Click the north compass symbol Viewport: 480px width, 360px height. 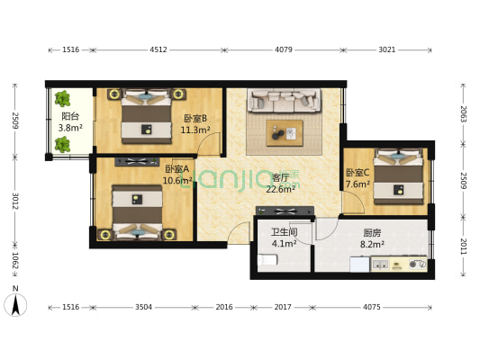tap(15, 303)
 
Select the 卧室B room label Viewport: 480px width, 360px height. tap(195, 118)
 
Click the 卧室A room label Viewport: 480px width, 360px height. tap(177, 168)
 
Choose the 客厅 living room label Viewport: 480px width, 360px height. tap(282, 177)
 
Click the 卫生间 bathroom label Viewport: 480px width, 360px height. tap(284, 231)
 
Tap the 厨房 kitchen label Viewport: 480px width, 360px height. tap(372, 231)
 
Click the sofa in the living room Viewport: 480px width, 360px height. tap(284, 101)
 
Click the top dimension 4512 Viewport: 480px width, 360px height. tap(158, 50)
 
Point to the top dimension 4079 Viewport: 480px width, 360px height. tap(283, 50)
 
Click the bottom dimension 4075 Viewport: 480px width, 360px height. tap(371, 307)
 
